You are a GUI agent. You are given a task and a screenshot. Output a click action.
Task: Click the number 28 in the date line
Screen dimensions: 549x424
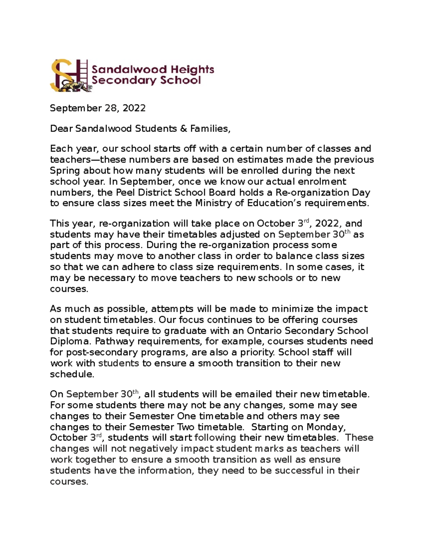(x=112, y=108)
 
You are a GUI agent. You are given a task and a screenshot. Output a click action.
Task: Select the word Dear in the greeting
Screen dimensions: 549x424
(x=61, y=129)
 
